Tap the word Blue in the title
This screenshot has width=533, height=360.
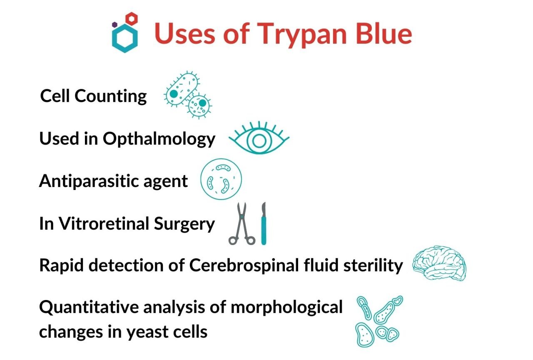tap(384, 33)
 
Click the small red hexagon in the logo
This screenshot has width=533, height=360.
tap(132, 19)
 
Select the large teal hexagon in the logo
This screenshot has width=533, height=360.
tap(125, 38)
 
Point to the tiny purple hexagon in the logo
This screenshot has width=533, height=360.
tap(115, 24)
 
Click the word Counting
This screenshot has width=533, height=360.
tap(111, 96)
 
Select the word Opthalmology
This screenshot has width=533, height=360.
tap(159, 139)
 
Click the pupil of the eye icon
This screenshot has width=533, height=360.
tap(259, 141)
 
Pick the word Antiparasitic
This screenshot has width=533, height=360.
tap(90, 181)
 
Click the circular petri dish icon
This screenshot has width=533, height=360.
tap(221, 179)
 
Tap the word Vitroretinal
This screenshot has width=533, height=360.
tap(104, 224)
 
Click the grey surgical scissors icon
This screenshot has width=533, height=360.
tap(242, 223)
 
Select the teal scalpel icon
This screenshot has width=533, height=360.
tap(264, 223)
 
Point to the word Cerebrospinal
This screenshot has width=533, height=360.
tap(244, 266)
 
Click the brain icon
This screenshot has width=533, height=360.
tap(439, 264)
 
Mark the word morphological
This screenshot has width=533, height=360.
tap(286, 307)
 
